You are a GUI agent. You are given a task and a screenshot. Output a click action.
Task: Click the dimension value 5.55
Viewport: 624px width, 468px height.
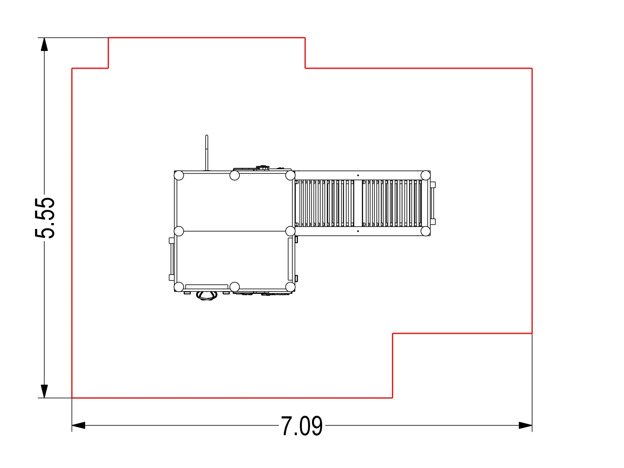tap(44, 218)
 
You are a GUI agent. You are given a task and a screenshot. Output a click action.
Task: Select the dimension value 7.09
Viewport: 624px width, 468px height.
tap(301, 426)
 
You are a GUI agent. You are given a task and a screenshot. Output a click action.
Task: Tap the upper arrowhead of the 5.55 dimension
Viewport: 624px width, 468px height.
tap(44, 44)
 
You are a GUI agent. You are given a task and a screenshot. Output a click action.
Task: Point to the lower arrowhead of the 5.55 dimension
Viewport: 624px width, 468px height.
tap(44, 391)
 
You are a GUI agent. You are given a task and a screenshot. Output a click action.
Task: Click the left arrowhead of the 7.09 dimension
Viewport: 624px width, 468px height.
tap(78, 425)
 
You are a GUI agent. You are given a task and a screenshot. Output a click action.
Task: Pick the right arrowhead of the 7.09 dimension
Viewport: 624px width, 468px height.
tap(525, 425)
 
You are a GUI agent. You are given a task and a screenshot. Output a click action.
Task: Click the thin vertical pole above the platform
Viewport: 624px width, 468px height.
tap(207, 153)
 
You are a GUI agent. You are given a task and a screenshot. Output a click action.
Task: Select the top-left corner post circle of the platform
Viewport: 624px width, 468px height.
tap(179, 175)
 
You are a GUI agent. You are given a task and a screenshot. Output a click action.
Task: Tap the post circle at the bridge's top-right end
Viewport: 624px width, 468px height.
tap(425, 175)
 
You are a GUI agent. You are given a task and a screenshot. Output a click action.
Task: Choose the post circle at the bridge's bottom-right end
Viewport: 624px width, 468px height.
tap(425, 231)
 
